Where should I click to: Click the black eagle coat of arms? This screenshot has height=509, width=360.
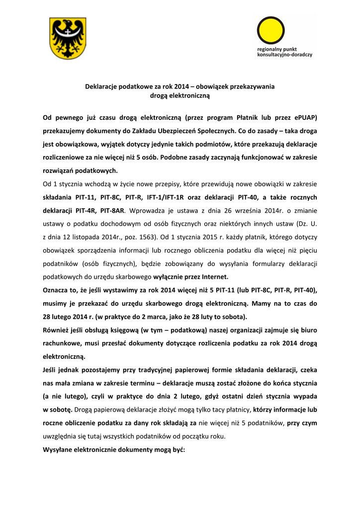[68, 38]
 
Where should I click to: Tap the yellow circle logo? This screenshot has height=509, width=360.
[270, 30]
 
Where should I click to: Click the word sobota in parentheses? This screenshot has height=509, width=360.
[235, 317]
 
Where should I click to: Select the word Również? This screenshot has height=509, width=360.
[58, 330]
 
